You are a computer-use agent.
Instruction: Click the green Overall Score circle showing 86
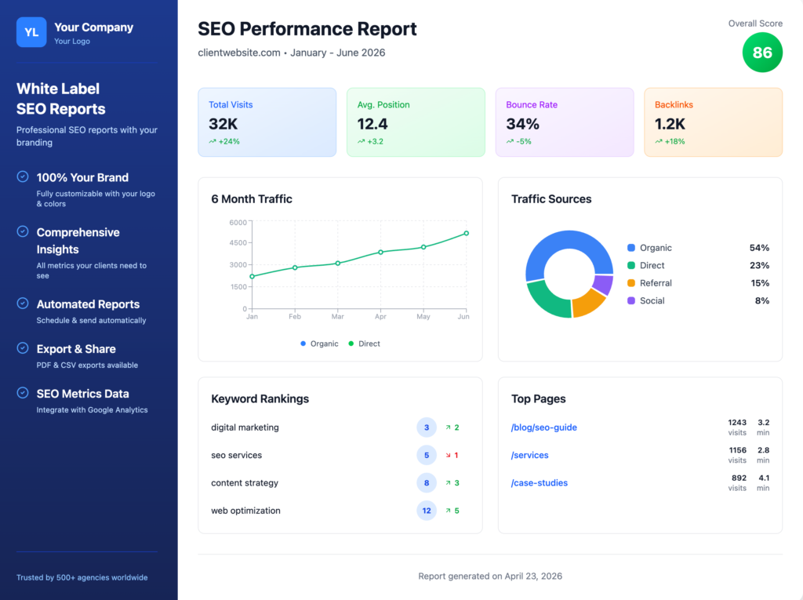click(762, 53)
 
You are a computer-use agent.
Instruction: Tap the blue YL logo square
click(31, 32)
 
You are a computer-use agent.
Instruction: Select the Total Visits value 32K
click(223, 124)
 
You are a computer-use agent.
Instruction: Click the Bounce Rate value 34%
click(522, 124)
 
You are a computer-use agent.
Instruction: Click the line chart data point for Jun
click(466, 233)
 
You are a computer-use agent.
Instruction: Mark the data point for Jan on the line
click(253, 276)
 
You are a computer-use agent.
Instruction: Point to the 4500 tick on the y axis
click(237, 243)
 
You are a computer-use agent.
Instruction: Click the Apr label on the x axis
click(380, 317)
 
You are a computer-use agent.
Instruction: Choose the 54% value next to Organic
click(759, 248)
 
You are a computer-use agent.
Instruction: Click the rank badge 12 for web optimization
click(427, 511)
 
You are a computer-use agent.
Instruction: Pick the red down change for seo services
click(452, 456)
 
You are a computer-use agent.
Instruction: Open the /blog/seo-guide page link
click(543, 427)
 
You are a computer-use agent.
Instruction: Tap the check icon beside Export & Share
click(23, 348)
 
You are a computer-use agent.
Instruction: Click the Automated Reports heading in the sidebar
click(88, 304)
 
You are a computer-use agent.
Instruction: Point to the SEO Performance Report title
click(307, 29)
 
